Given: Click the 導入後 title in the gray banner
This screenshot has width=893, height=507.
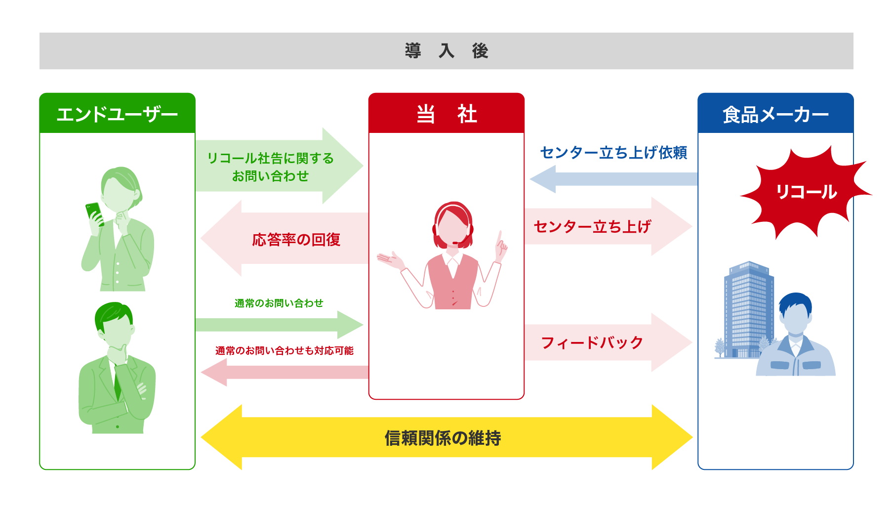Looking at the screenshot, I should [x=446, y=51].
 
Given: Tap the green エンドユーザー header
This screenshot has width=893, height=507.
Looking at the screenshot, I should [x=117, y=114].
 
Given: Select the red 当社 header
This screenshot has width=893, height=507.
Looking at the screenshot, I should [x=446, y=114].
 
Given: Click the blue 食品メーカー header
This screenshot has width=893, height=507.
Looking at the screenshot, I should [x=775, y=114].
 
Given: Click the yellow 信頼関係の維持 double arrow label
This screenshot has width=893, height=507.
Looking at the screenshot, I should [x=443, y=438].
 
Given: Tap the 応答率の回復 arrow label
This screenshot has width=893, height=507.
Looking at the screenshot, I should [x=296, y=240].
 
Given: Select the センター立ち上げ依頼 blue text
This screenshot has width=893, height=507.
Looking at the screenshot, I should [x=613, y=153].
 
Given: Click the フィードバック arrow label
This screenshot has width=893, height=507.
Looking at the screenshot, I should [x=592, y=342].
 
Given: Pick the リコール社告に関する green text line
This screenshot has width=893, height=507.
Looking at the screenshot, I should [x=270, y=158].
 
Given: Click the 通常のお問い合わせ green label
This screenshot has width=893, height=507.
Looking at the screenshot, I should [x=279, y=303].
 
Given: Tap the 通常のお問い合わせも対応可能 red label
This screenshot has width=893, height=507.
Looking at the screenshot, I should [x=284, y=350].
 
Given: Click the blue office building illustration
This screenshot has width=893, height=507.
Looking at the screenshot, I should [x=747, y=309].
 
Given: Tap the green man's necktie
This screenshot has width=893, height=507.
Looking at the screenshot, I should [x=118, y=383].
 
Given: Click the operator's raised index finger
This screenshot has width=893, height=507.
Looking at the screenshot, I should [x=500, y=236].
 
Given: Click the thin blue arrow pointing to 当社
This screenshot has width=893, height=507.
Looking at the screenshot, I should [x=612, y=179].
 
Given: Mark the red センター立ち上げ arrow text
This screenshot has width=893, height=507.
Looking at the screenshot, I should [x=592, y=227].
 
